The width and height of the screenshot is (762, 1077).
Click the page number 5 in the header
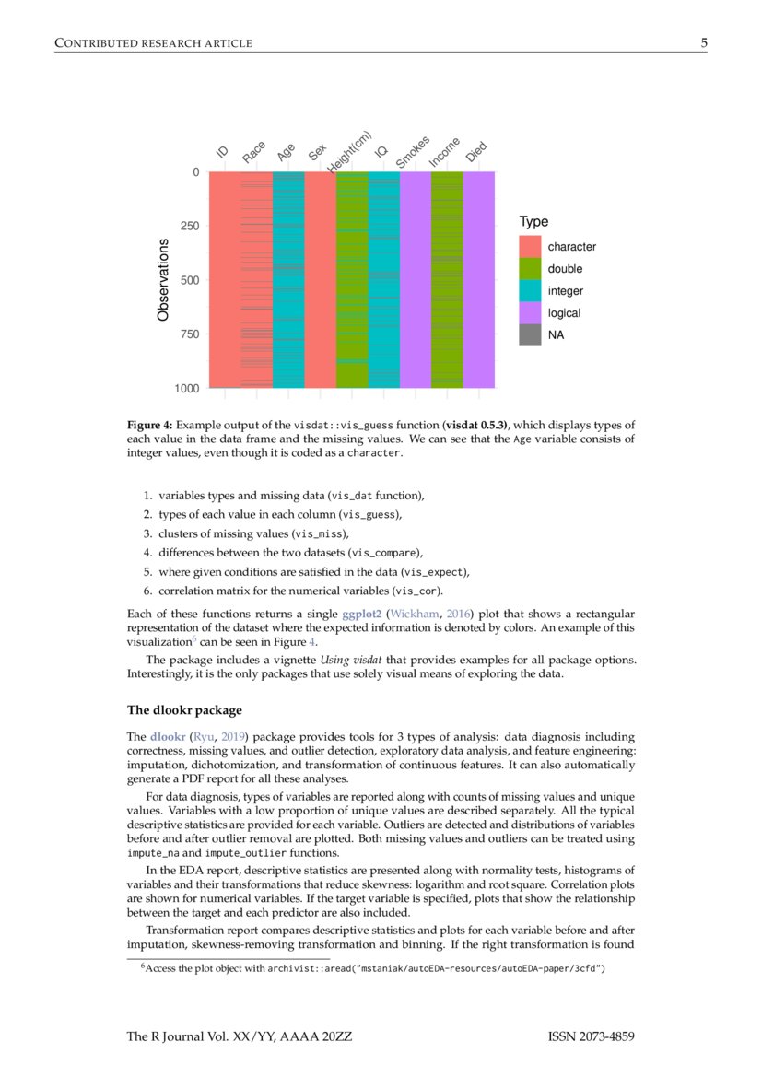tap(703, 42)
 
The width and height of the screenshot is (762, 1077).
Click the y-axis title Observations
tap(163, 279)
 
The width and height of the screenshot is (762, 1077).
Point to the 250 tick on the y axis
tap(189, 226)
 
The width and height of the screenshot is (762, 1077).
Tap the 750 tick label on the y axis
tap(189, 334)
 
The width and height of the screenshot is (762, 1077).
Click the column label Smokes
tap(413, 152)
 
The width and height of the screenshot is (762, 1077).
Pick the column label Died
tap(476, 154)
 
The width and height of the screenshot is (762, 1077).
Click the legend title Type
tap(533, 222)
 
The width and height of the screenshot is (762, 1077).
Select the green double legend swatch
tap(530, 269)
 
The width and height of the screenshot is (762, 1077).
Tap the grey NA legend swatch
tap(530, 335)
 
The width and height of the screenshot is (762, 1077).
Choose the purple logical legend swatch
tap(530, 313)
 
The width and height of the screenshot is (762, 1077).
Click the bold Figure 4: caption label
tap(149, 425)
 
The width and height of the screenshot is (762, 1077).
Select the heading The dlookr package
tap(183, 709)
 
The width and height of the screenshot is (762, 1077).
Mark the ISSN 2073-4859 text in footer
tap(591, 1037)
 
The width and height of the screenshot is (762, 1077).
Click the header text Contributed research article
tap(154, 42)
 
